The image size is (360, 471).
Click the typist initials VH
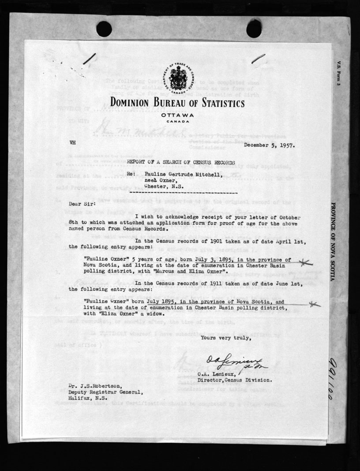point(73,143)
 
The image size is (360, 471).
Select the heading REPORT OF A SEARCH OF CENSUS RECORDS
point(178,162)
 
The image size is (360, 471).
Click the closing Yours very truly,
point(226,338)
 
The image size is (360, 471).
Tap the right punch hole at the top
point(254,28)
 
